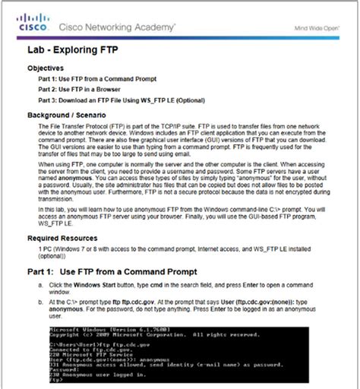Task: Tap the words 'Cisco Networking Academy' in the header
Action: [115, 27]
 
